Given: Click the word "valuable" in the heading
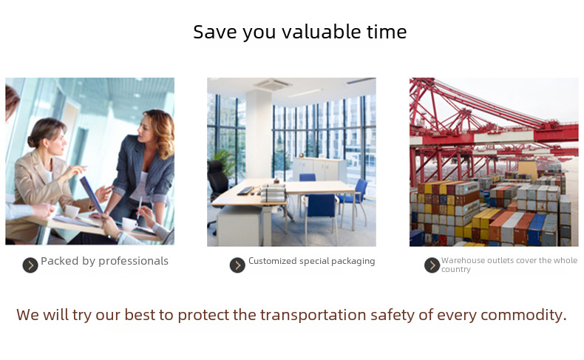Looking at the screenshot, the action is click(322, 32).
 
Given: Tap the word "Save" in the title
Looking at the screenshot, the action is click(215, 32).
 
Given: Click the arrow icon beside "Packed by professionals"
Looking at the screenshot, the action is click(30, 265).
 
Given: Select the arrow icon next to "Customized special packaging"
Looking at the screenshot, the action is click(237, 265).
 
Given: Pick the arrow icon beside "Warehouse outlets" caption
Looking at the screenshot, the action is click(432, 265).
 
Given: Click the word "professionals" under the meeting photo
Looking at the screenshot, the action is click(133, 262).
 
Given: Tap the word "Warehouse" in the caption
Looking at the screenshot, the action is click(459, 260).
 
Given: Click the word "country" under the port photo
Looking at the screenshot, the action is click(456, 269).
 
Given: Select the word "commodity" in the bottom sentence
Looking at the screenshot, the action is click(523, 315).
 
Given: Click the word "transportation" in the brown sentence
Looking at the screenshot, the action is click(313, 315).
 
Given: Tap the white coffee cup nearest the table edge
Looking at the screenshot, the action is click(129, 224).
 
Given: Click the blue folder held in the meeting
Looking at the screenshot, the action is click(92, 194).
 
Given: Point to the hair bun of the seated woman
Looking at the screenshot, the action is click(32, 140).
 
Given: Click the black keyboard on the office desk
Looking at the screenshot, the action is click(245, 191).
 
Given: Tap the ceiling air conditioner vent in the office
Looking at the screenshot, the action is click(272, 84).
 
